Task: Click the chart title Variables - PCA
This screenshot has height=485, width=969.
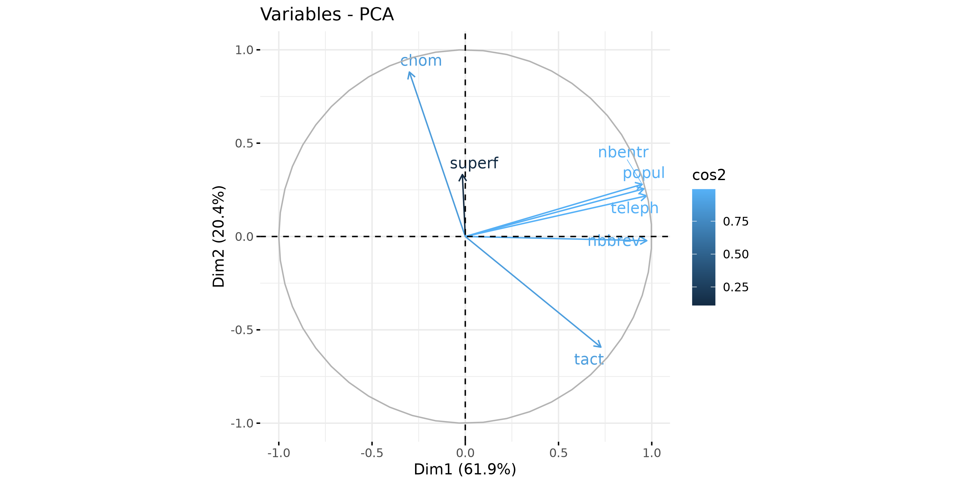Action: (x=327, y=15)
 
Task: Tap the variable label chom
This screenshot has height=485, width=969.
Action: (x=421, y=61)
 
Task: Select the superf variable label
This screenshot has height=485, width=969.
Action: (x=474, y=163)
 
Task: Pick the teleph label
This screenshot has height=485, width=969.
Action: (x=634, y=208)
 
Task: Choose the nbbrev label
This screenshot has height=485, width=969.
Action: (x=613, y=241)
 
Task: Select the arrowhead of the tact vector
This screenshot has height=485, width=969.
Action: (x=600, y=346)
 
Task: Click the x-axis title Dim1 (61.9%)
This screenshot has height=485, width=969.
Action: (x=465, y=469)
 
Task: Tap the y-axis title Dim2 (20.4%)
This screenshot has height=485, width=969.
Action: (x=219, y=236)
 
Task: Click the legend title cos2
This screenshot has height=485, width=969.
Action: (x=709, y=175)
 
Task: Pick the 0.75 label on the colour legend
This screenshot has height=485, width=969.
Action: (x=735, y=221)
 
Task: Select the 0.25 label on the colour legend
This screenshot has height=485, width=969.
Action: (x=735, y=287)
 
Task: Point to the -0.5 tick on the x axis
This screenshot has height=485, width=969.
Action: (x=372, y=453)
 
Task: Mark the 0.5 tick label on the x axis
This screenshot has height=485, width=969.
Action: (x=558, y=453)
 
